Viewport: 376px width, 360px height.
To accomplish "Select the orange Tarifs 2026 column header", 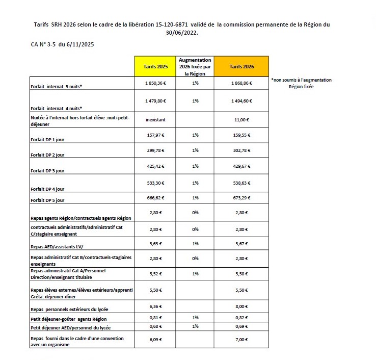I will pos(241,67).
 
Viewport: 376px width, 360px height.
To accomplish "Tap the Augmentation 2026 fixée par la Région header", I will pos(195,67).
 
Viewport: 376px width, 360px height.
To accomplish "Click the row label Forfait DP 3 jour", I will pos(47,171).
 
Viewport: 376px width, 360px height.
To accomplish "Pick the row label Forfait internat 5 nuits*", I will pos(57,87).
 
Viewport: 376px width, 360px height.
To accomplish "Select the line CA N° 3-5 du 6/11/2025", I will pos(62,44).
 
